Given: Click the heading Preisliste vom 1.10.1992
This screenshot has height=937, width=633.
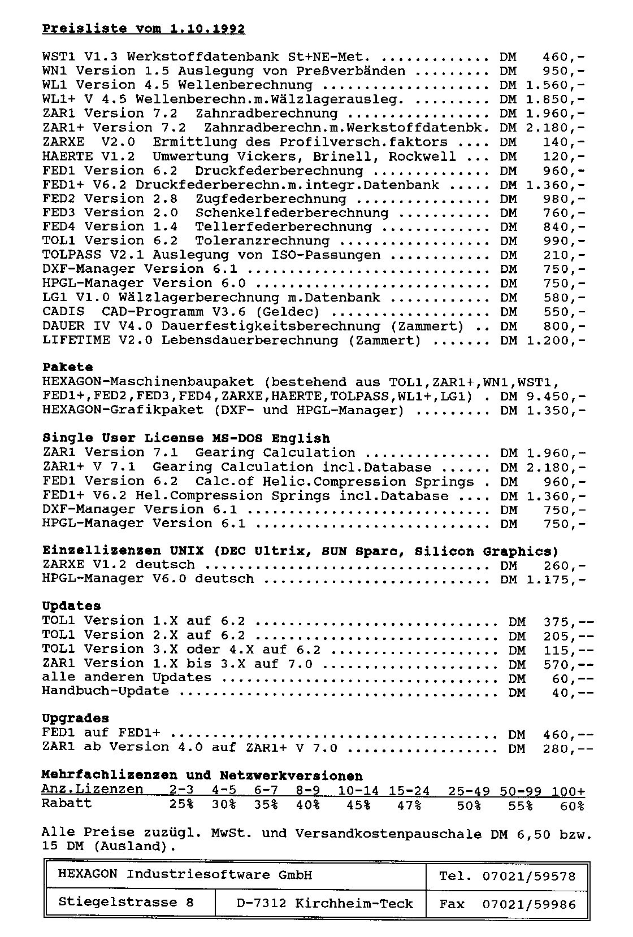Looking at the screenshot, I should (144, 29).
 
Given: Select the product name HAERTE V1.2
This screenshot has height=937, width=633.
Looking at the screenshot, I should (89, 156).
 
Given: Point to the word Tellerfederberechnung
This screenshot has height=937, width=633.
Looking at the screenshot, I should (284, 227).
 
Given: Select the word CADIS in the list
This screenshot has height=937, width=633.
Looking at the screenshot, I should (63, 312).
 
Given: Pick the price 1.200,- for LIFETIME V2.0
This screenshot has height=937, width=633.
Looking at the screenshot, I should (555, 341).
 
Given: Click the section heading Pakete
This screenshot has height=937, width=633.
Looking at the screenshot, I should (67, 368).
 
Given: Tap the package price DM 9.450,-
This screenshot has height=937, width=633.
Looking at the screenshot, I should (543, 396).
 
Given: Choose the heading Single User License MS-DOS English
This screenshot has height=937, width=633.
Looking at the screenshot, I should (186, 438).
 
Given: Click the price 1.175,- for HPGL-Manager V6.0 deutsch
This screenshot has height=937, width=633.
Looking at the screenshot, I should (555, 579).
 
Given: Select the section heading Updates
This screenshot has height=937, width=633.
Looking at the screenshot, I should (71, 606).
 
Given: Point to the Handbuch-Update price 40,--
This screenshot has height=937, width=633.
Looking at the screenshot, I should (573, 692).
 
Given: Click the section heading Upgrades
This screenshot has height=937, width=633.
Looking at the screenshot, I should (75, 718).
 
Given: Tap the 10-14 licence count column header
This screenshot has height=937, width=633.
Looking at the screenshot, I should (358, 791).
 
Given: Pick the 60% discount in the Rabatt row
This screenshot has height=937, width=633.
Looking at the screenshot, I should (572, 806).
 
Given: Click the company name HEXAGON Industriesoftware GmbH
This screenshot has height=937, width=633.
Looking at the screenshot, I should (185, 875).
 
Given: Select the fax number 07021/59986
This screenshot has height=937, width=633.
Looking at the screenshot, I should (529, 904).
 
